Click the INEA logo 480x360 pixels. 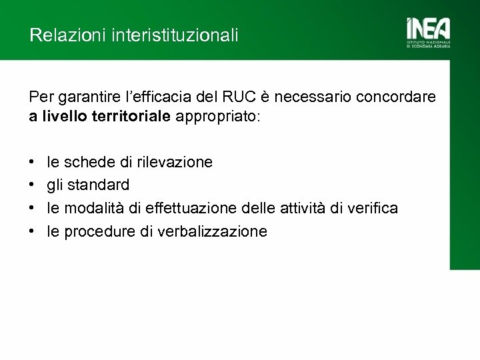[x=428, y=32]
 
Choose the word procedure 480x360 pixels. [x=93, y=231]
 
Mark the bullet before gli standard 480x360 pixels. [x=33, y=185]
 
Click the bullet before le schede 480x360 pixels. [x=33, y=162]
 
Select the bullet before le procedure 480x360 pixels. [x=33, y=232]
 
